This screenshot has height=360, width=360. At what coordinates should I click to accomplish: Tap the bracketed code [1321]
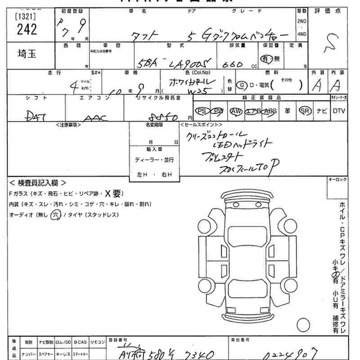point(26,17)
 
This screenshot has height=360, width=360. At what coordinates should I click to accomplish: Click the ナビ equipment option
point(322,111)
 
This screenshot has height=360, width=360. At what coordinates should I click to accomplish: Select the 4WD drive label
point(302,34)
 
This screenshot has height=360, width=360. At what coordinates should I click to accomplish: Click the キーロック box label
point(338,180)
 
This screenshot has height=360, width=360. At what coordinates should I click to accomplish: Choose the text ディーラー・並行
point(154,160)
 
